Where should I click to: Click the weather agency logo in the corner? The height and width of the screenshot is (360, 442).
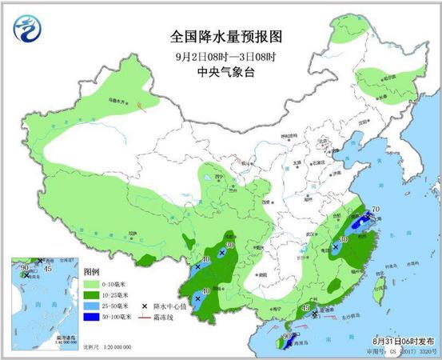[x=30, y=30]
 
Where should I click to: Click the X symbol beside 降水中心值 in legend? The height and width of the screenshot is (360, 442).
[x=144, y=306]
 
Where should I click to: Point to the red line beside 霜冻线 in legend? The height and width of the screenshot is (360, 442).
[x=144, y=317]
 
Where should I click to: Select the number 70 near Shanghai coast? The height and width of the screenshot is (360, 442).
[x=375, y=210]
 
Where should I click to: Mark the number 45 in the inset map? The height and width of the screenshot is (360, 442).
[x=47, y=269]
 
